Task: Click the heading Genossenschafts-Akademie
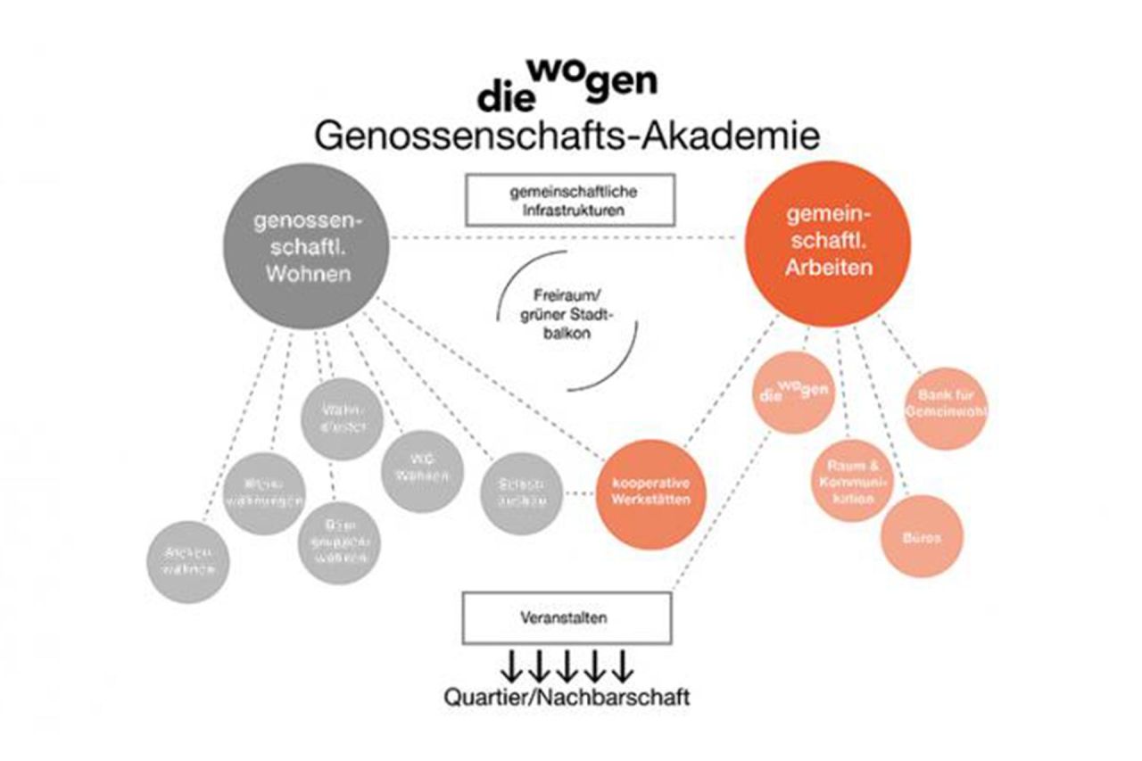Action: (567, 136)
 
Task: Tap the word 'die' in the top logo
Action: (504, 97)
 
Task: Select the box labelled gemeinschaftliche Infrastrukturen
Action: (570, 200)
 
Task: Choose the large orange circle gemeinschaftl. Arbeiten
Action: (829, 242)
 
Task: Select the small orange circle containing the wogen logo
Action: (791, 390)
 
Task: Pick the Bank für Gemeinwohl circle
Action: (948, 408)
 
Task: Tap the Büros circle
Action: (923, 538)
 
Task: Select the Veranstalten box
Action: (566, 617)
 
